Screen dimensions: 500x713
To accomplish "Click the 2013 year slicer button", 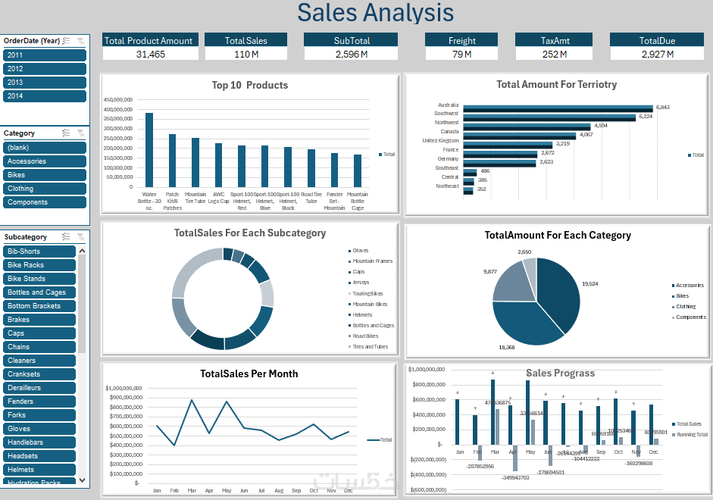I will [x=45, y=83].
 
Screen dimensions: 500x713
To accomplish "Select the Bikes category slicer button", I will [x=45, y=175].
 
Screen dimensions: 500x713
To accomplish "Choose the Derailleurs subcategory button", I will [x=39, y=388].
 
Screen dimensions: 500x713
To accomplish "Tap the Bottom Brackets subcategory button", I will [x=39, y=306].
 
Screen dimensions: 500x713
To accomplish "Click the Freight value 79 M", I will [x=461, y=54].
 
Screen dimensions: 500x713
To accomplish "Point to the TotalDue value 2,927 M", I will [x=656, y=54].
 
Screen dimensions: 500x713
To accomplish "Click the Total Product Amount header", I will [x=149, y=40].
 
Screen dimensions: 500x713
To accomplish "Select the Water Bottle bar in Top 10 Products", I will [x=149, y=149].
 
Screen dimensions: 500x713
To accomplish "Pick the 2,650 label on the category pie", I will [x=524, y=252].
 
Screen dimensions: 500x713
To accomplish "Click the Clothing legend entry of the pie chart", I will [x=688, y=307].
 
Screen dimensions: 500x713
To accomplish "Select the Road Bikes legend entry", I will [x=365, y=336].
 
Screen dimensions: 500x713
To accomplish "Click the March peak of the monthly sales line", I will [x=192, y=400].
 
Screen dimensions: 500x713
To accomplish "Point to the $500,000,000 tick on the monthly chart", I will [x=124, y=435].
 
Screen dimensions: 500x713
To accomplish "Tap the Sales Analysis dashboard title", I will [x=375, y=13].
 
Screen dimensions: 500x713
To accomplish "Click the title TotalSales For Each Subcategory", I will [x=250, y=233].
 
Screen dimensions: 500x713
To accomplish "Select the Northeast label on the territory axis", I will [x=447, y=186].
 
